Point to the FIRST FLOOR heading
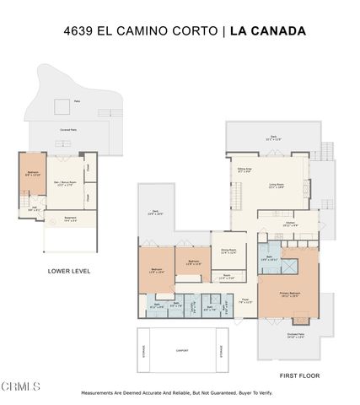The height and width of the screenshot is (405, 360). [299, 375]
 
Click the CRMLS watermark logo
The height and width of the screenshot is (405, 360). [20, 386]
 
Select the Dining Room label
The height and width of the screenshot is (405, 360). [228, 250]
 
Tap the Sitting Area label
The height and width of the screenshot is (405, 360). [244, 170]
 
